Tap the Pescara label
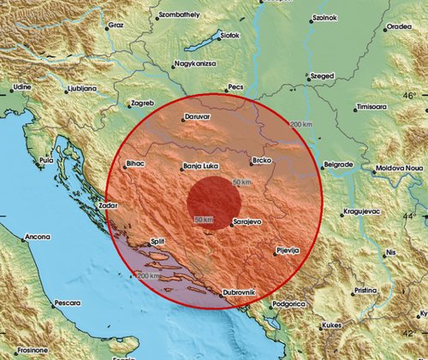(x=65, y=303)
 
